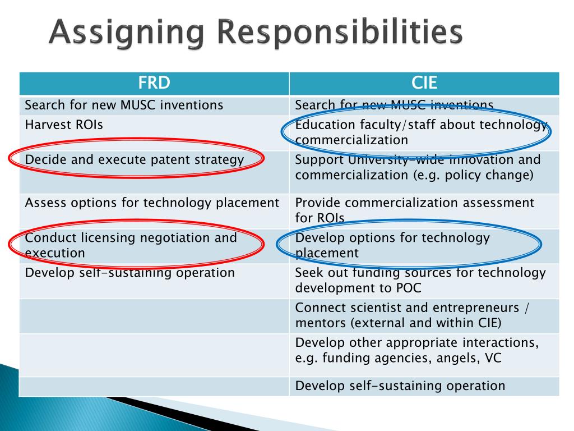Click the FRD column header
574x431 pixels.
coord(154,84)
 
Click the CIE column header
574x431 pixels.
coord(424,84)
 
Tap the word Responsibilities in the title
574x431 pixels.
coord(341,33)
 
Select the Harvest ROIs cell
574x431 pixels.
coord(64,125)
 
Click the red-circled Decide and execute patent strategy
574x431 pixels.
coord(135,159)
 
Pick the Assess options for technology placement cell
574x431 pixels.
coord(152,203)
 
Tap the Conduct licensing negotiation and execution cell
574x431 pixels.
coord(131,245)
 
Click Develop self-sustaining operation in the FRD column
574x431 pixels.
coord(129,273)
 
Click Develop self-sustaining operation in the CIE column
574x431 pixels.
coord(400,386)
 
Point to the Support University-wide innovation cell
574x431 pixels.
coord(418,167)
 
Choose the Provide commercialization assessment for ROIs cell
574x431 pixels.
coord(414,210)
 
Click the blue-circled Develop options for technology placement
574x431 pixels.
coord(392,245)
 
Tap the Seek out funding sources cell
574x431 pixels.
coord(420,280)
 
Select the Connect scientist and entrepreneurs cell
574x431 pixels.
coord(413,315)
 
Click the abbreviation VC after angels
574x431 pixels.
coord(486,358)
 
